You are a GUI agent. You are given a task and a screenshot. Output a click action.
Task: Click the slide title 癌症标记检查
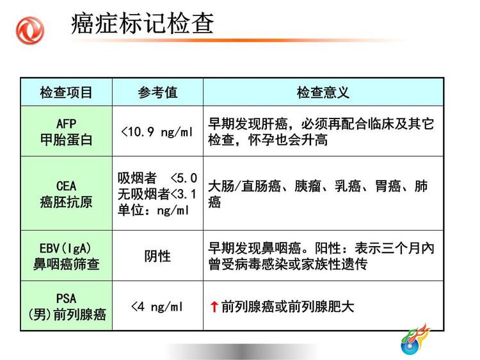click(142, 23)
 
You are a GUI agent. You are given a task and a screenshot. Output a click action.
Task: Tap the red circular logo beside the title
click(30, 31)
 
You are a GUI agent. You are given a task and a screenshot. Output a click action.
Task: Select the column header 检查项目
click(66, 92)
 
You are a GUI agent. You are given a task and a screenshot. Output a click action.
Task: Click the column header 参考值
click(157, 92)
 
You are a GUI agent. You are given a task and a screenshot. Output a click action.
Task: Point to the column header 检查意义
click(323, 92)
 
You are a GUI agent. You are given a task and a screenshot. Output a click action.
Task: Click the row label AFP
click(66, 124)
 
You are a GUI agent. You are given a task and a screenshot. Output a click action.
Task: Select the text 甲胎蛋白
click(66, 140)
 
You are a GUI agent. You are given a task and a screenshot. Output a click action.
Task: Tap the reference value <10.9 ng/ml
click(157, 132)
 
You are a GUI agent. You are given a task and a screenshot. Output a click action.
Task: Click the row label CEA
click(66, 186)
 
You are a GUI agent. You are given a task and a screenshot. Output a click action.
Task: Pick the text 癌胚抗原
click(66, 202)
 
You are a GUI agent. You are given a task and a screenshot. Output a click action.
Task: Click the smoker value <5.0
click(184, 178)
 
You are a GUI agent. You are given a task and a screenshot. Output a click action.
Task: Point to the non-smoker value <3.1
click(183, 194)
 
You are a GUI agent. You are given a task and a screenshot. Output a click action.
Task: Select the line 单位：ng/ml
click(154, 211)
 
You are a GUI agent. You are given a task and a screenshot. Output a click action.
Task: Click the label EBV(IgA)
click(65, 249)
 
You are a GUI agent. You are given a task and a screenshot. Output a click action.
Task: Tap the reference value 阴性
click(157, 256)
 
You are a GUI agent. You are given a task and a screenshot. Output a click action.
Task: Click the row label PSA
click(66, 299)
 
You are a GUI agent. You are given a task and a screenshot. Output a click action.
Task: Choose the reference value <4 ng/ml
click(157, 307)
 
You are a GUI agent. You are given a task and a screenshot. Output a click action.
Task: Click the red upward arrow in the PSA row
click(214, 307)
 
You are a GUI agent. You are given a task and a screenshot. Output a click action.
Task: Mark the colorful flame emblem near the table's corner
click(415, 339)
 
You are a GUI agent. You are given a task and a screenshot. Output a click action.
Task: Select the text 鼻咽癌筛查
click(66, 265)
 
